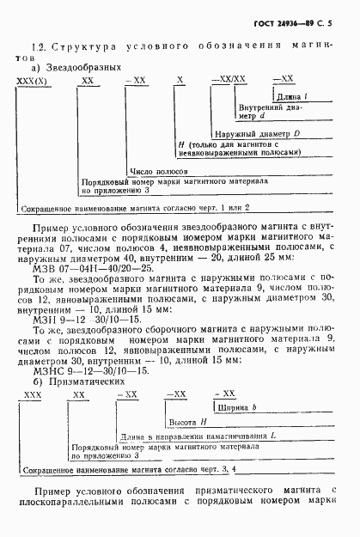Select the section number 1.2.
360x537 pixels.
38,46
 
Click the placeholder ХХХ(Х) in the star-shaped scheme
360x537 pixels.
33,79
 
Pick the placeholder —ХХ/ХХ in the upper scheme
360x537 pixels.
230,79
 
